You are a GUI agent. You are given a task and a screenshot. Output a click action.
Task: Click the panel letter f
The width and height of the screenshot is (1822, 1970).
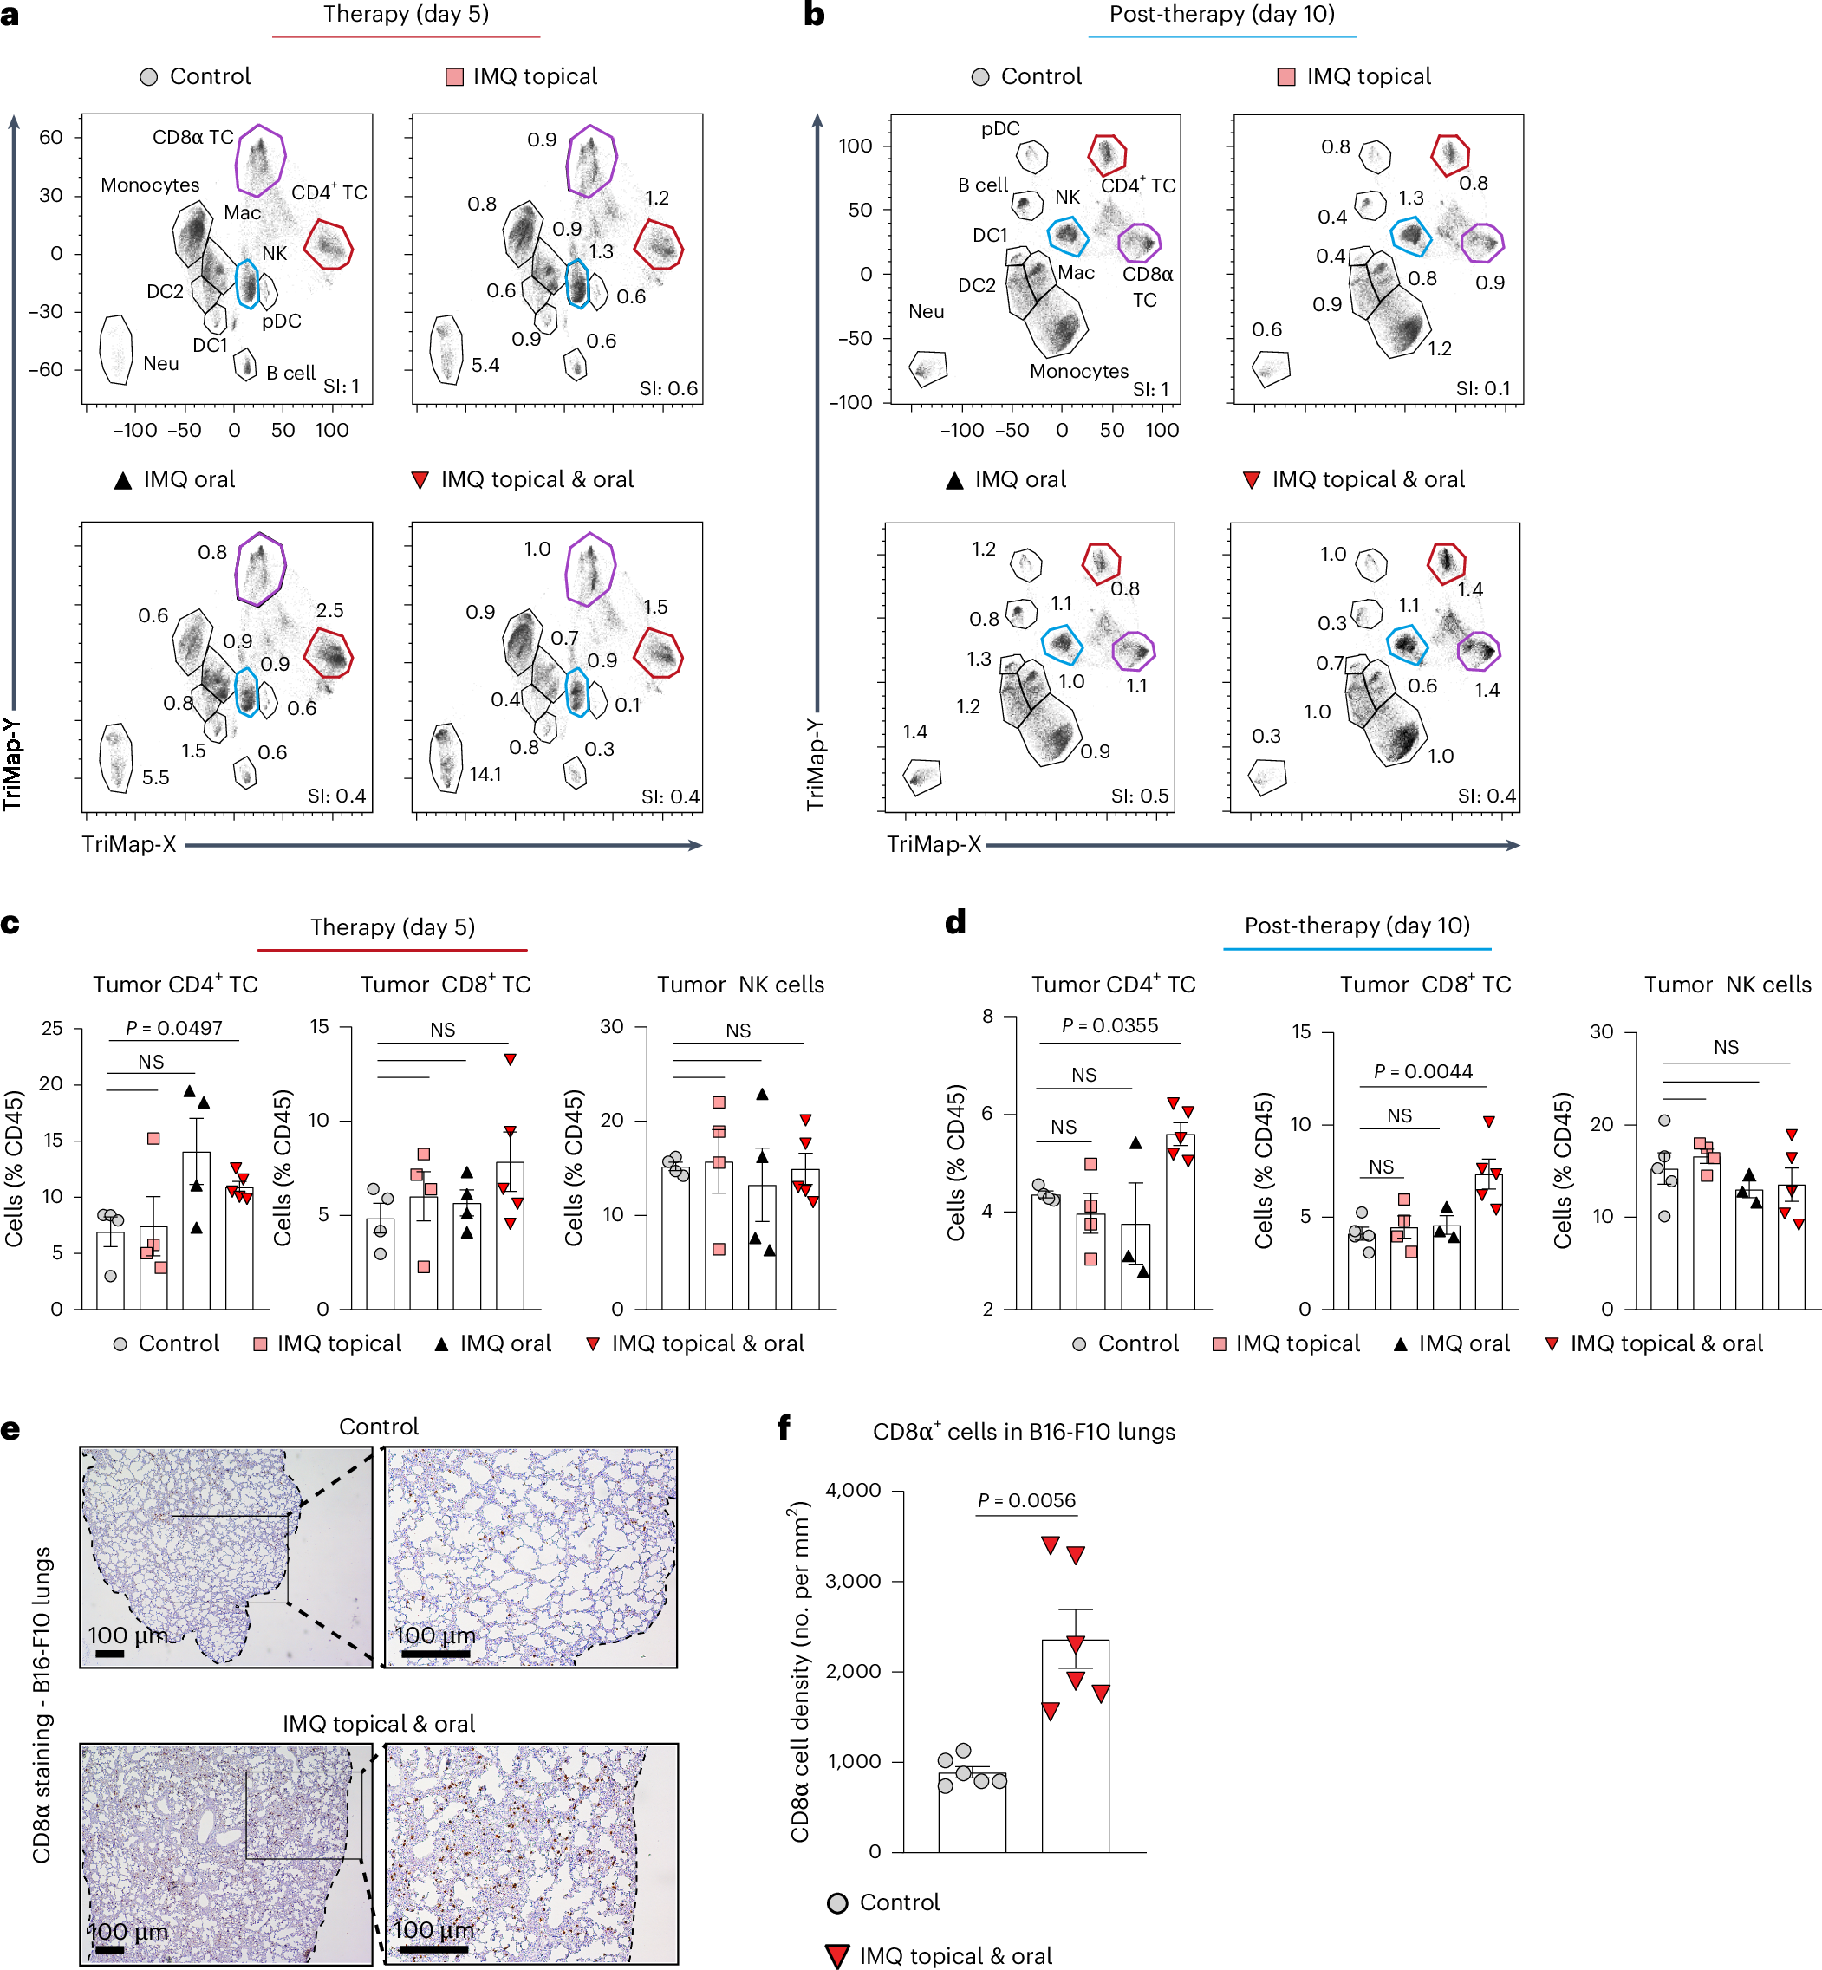tap(784, 1427)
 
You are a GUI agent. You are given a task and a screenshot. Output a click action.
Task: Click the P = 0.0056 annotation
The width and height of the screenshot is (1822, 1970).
tap(1025, 1499)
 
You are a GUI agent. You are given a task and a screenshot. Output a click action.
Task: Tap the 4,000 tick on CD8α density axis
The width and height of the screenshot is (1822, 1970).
tap(853, 1490)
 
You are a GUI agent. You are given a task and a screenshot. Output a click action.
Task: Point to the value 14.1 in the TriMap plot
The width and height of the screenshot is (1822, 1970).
tap(485, 774)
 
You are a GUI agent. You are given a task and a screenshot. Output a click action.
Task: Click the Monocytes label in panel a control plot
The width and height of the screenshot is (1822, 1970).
tap(150, 185)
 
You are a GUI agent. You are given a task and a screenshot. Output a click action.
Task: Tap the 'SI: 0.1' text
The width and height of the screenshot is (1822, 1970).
tap(1483, 388)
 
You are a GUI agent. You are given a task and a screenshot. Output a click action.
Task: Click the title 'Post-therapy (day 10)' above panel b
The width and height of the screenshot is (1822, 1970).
tap(1221, 14)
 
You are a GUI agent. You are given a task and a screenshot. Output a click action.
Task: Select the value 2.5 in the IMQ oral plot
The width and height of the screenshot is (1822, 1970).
tap(329, 610)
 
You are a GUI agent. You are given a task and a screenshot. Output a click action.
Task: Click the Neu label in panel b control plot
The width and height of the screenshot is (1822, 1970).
tap(926, 311)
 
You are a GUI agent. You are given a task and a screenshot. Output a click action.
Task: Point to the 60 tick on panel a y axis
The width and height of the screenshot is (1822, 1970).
tap(50, 137)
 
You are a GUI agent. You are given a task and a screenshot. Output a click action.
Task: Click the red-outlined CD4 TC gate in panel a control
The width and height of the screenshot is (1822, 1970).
tap(329, 244)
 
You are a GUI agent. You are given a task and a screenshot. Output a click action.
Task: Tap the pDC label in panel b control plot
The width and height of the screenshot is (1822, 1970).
tap(999, 128)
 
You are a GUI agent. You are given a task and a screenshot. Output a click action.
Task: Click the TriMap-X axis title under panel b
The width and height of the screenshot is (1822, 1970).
tap(934, 844)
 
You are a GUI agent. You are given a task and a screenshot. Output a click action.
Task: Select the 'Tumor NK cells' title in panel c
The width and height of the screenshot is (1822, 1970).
tap(740, 984)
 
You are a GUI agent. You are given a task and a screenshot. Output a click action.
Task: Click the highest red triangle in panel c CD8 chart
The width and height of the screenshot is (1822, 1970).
tap(510, 1059)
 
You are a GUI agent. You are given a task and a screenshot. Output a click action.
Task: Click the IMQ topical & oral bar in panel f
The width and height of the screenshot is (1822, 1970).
tap(1075, 1746)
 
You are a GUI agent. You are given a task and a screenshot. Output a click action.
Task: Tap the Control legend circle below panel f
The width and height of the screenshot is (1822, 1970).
tap(838, 1903)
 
